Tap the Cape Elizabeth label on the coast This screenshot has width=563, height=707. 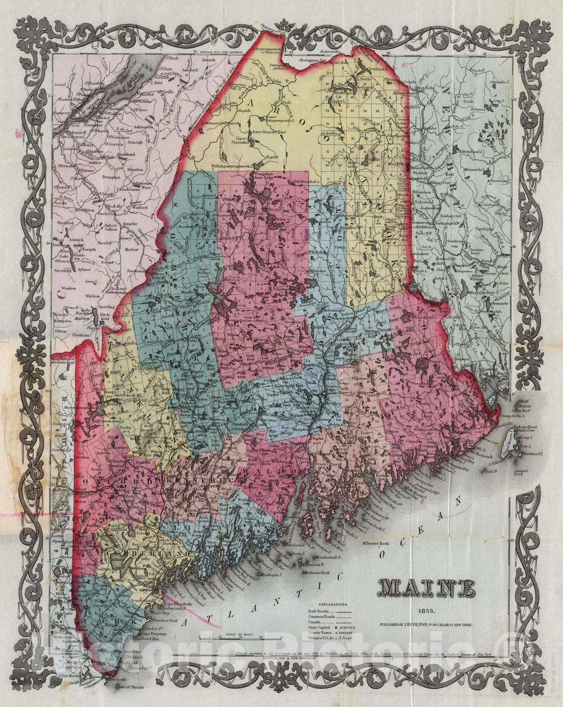177,604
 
